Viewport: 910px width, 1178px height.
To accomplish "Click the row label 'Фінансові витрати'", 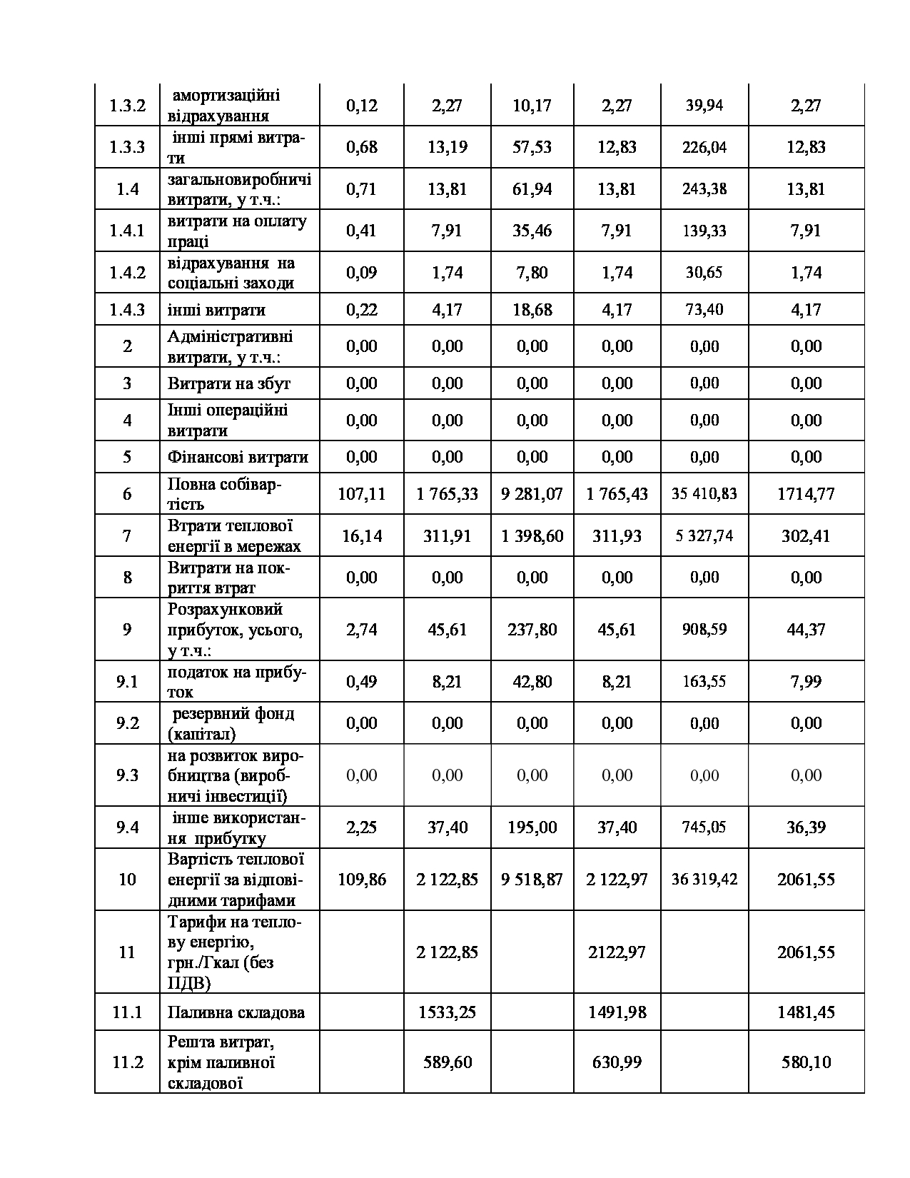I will (238, 457).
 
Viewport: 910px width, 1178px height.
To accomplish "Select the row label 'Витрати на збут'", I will (229, 383).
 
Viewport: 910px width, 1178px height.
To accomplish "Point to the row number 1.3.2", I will (127, 106).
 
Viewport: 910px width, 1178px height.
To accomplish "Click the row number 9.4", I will (127, 827).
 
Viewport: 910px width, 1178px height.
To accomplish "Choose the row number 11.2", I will (127, 1062).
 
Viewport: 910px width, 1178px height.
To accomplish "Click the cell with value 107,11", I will (361, 494).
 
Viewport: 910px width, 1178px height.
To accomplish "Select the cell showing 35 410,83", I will (704, 494).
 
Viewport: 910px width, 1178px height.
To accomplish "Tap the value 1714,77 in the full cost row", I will (806, 494).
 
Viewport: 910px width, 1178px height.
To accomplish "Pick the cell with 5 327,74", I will (704, 536).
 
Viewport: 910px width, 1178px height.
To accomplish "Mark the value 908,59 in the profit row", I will (704, 630).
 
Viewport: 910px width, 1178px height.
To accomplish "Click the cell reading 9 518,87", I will (532, 880).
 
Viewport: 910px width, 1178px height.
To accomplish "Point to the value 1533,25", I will (447, 1012).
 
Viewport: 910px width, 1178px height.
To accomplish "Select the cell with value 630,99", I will (617, 1062).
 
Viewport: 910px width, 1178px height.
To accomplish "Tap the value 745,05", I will (704, 827).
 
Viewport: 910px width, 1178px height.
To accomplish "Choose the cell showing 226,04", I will (704, 147).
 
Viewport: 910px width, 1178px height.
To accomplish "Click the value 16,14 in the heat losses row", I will (361, 536).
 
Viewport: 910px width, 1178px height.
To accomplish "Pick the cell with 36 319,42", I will (704, 880).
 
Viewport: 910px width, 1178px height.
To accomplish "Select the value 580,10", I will (806, 1062).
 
